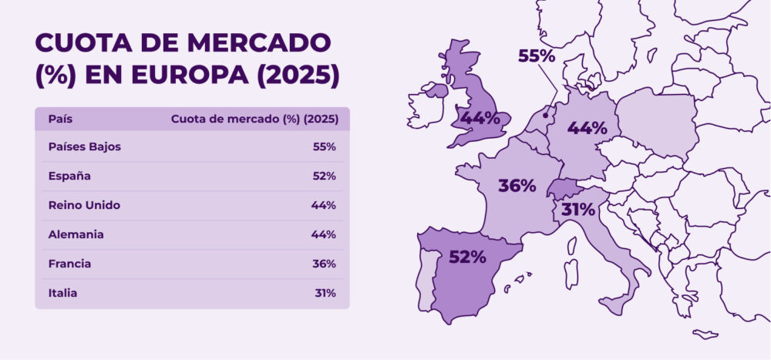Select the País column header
tap(60, 119)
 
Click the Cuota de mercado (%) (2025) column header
tap(253, 119)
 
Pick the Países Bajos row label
tap(84, 146)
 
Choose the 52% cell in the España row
tap(324, 176)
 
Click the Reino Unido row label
tap(83, 205)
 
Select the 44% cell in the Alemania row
tap(324, 234)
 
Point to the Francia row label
tap(69, 264)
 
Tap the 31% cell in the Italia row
tap(324, 293)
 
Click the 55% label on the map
tap(537, 56)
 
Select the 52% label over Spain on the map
tap(467, 257)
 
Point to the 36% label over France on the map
tap(517, 186)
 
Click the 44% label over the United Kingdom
tap(480, 118)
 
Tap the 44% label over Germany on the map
tap(588, 128)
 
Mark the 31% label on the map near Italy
tap(577, 209)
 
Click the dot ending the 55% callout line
tap(547, 116)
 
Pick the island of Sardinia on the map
tap(571, 273)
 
